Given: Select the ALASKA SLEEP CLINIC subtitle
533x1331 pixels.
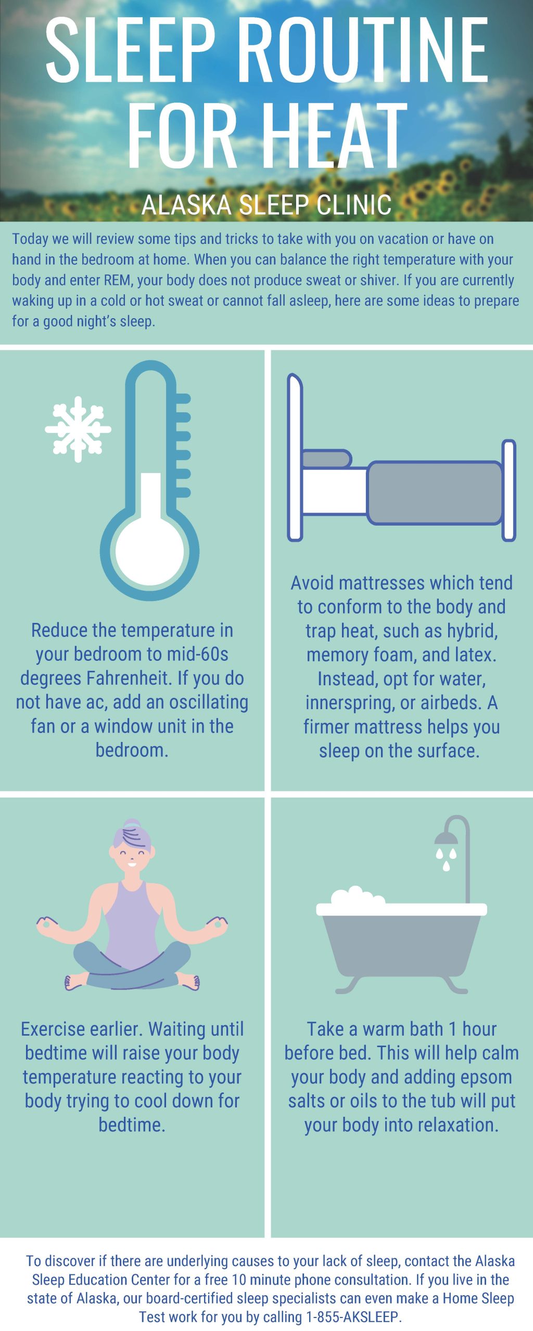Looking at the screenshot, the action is point(266,204).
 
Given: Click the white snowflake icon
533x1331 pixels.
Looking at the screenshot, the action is point(78,429).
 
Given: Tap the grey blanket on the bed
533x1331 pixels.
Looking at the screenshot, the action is point(435,492).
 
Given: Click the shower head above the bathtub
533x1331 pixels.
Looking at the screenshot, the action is point(446,838).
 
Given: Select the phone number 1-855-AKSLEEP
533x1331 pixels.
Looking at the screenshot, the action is point(353,1317).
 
